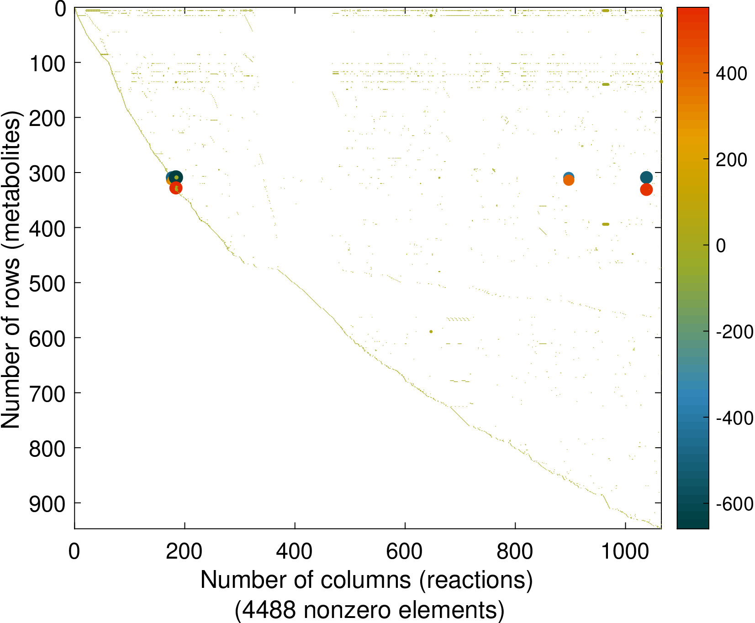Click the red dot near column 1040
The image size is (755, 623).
(x=646, y=189)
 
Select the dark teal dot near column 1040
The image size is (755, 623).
(x=646, y=177)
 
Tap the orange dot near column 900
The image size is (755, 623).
(x=568, y=181)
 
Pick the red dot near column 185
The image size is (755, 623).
(x=176, y=188)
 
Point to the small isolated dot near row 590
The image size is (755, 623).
(x=431, y=331)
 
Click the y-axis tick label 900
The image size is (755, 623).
(x=48, y=504)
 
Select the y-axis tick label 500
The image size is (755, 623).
(x=48, y=283)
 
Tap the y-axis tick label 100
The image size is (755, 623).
(x=48, y=63)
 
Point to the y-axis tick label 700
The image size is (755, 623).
(x=48, y=394)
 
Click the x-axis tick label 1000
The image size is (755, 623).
(x=625, y=552)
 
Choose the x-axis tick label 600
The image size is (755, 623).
(x=404, y=552)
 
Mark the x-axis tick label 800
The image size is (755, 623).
(x=515, y=552)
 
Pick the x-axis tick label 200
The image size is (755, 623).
(x=184, y=552)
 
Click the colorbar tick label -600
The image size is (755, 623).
(x=734, y=504)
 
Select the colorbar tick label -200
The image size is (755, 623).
(x=734, y=332)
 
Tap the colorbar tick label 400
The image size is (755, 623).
(x=731, y=73)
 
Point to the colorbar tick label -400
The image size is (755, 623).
(x=734, y=418)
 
